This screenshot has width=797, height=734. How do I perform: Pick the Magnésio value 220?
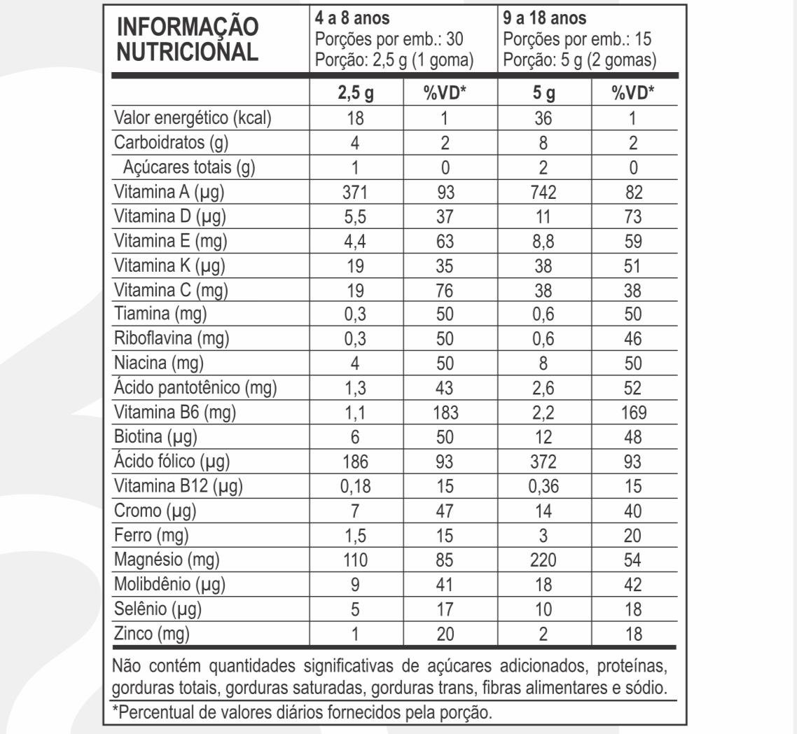coord(543,560)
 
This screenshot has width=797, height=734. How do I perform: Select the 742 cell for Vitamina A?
coord(543,193)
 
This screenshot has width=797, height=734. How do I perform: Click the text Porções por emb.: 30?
coord(390,39)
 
